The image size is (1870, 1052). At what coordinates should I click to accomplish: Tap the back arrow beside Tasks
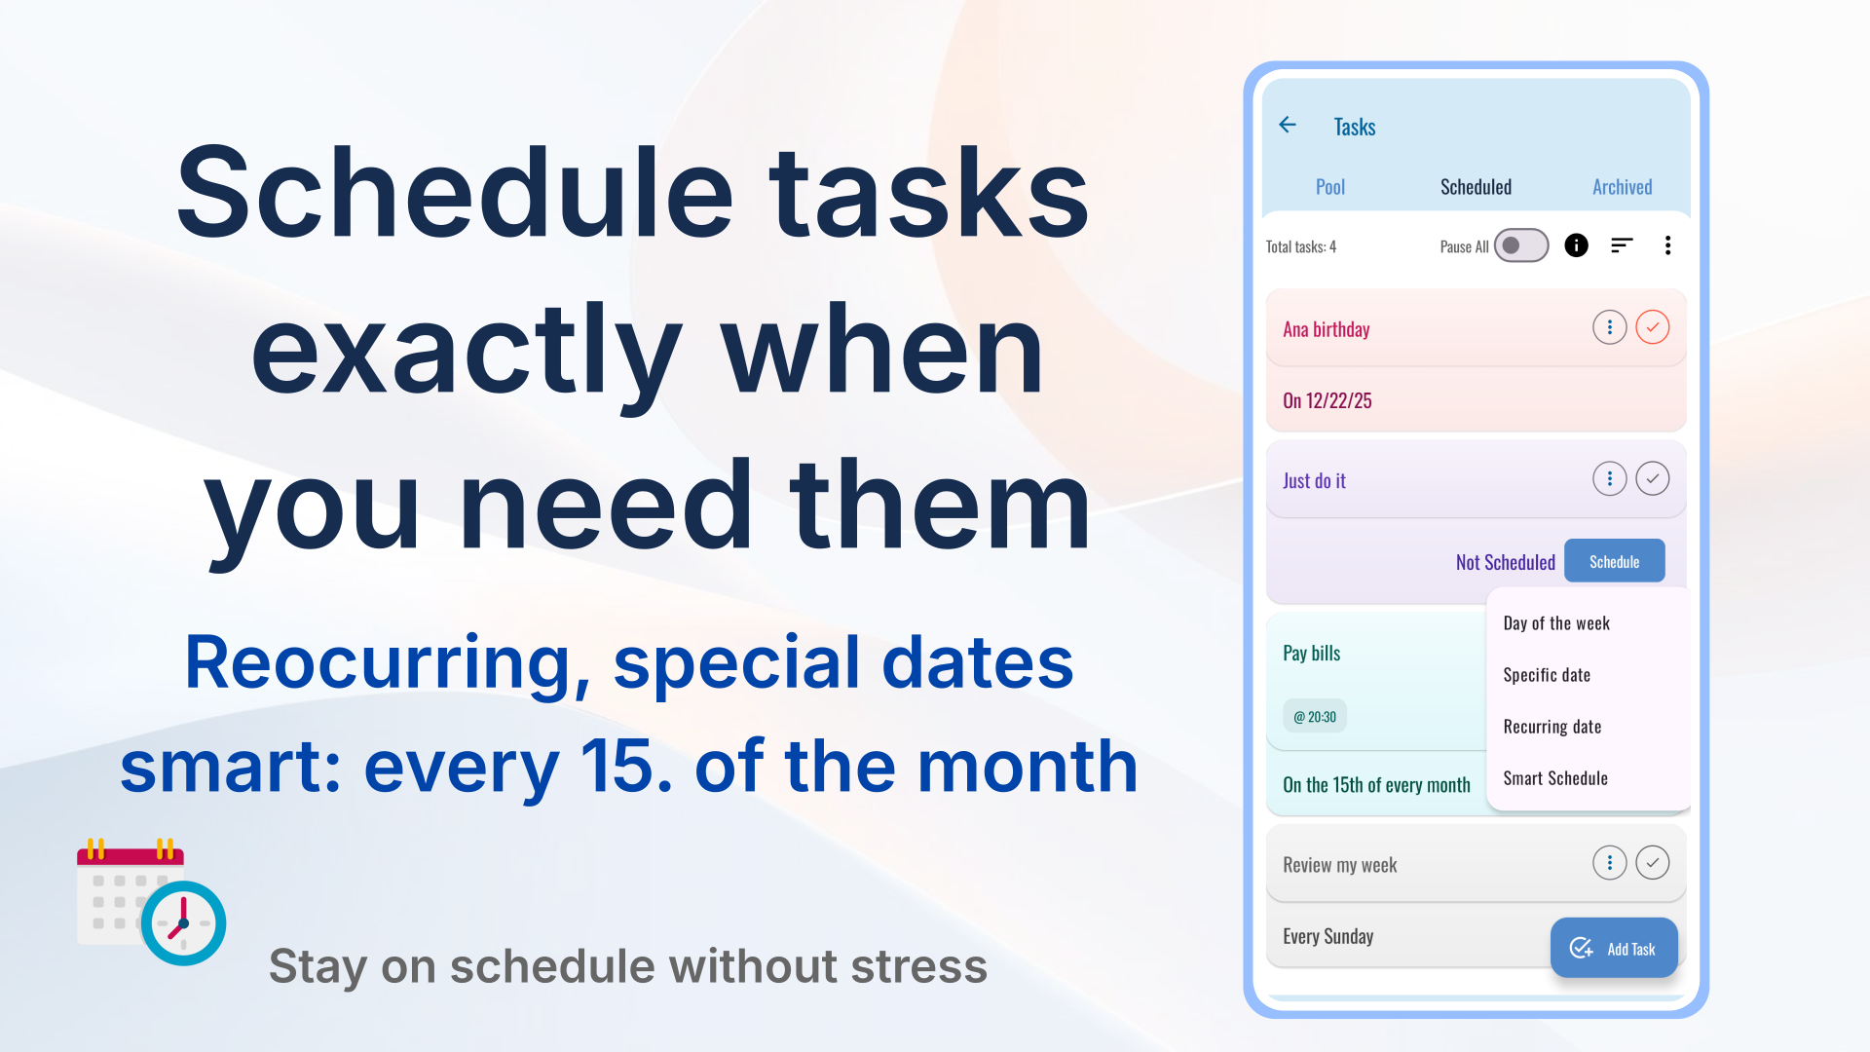click(1288, 125)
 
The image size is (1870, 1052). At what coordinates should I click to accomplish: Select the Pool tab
click(1329, 187)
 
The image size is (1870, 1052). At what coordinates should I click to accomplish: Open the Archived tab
click(1622, 187)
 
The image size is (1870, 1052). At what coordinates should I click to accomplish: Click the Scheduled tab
click(1476, 187)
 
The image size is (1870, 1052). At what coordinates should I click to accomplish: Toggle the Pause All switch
click(1521, 245)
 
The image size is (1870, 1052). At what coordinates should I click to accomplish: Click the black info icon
click(1576, 245)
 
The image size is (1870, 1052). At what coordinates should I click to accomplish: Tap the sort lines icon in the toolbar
click(1622, 245)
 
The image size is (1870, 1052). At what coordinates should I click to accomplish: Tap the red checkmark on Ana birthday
click(1653, 327)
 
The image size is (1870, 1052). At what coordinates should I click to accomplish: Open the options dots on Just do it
click(1610, 478)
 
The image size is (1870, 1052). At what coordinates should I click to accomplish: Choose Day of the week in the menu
click(1556, 623)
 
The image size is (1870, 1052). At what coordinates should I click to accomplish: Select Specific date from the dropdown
click(1547, 675)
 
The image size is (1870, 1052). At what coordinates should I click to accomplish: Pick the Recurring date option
click(1552, 727)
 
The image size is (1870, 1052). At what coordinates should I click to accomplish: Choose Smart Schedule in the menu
click(1555, 778)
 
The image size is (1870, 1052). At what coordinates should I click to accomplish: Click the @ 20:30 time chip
click(1315, 717)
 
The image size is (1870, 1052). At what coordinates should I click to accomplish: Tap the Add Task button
click(1614, 948)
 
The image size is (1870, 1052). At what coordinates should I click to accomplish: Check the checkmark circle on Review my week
click(1653, 862)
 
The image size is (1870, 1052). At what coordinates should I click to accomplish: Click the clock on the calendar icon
click(183, 923)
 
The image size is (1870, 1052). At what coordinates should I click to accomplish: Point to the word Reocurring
click(387, 664)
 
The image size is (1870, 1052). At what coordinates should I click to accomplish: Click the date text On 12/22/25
click(1328, 400)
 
